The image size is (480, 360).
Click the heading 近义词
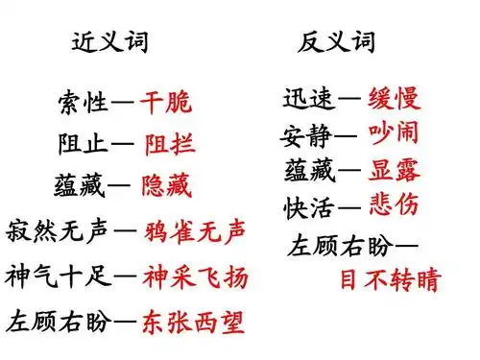coord(110,43)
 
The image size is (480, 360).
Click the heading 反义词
coord(335,43)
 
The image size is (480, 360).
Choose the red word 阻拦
coord(170,145)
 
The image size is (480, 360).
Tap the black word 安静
coord(306,134)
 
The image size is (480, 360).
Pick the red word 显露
coord(395,170)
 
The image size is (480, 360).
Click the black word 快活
coord(307,206)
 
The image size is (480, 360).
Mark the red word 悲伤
coord(395,205)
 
